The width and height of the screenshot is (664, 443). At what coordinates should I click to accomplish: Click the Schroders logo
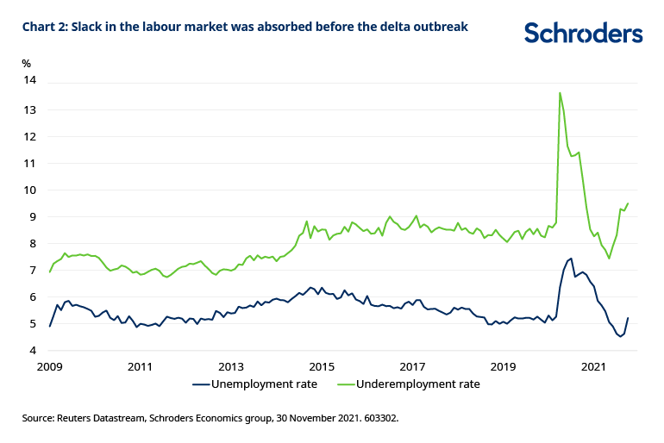coord(584,34)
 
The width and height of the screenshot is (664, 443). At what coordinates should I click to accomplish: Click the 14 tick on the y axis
coord(30,81)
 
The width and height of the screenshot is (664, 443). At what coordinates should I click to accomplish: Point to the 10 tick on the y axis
coord(30,190)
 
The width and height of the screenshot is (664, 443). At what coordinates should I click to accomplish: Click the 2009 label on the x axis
coord(50,366)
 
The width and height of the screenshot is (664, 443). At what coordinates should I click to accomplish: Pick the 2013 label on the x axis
coord(231,366)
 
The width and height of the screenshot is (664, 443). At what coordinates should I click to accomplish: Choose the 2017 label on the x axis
coord(413,366)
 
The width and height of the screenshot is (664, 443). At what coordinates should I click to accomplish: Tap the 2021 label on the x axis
coord(594,366)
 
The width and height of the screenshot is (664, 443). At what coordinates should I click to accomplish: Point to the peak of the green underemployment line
coord(560,93)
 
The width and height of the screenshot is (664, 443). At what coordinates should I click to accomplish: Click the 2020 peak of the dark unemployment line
coord(571,258)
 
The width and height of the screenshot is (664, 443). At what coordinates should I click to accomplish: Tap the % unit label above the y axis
coord(27,63)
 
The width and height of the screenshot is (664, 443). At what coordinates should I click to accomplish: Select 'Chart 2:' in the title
coord(47,27)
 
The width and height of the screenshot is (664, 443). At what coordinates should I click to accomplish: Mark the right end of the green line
coord(628,203)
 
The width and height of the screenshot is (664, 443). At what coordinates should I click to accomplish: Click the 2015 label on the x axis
coord(322,366)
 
